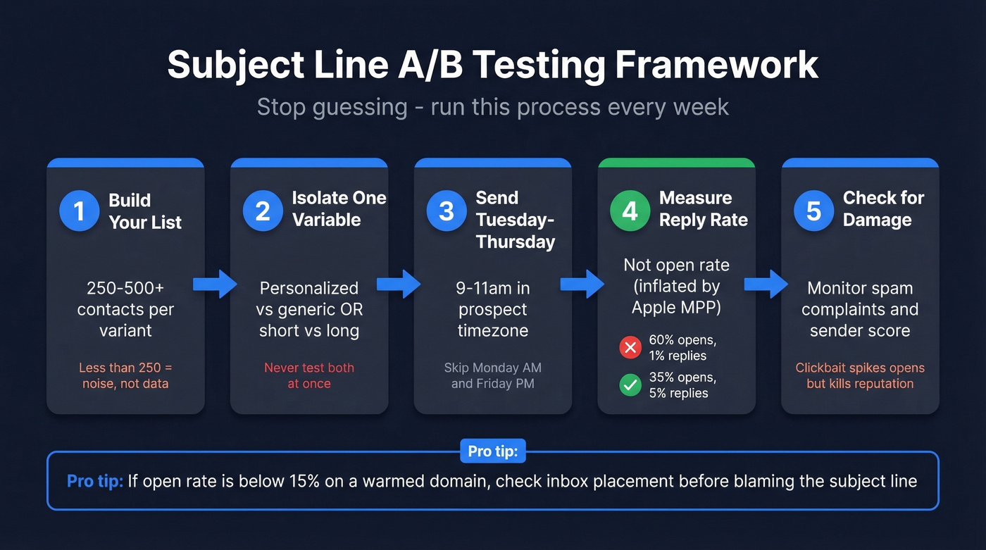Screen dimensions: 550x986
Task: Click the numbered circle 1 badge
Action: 80,211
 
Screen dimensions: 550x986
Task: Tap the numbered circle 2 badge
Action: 263,211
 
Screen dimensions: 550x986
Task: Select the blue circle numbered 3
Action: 447,211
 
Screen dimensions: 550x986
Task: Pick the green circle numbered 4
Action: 630,211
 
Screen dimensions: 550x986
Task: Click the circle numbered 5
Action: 814,211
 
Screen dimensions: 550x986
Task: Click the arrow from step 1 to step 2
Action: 218,283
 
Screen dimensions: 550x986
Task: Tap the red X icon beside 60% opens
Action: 629,347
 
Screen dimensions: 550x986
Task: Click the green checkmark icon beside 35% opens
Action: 629,385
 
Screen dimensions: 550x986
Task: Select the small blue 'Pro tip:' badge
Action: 493,451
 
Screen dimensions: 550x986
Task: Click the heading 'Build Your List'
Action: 145,211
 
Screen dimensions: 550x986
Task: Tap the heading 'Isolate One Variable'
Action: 339,208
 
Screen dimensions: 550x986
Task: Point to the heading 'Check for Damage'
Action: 883,208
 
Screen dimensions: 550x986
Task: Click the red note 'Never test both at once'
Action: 309,375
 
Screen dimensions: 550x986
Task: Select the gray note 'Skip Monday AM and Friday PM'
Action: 493,375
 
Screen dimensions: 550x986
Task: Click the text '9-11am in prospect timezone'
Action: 493,309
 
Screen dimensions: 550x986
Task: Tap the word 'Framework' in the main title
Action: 717,65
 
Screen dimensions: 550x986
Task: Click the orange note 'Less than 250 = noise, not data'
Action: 125,375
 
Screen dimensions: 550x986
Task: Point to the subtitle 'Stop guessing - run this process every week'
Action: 493,107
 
